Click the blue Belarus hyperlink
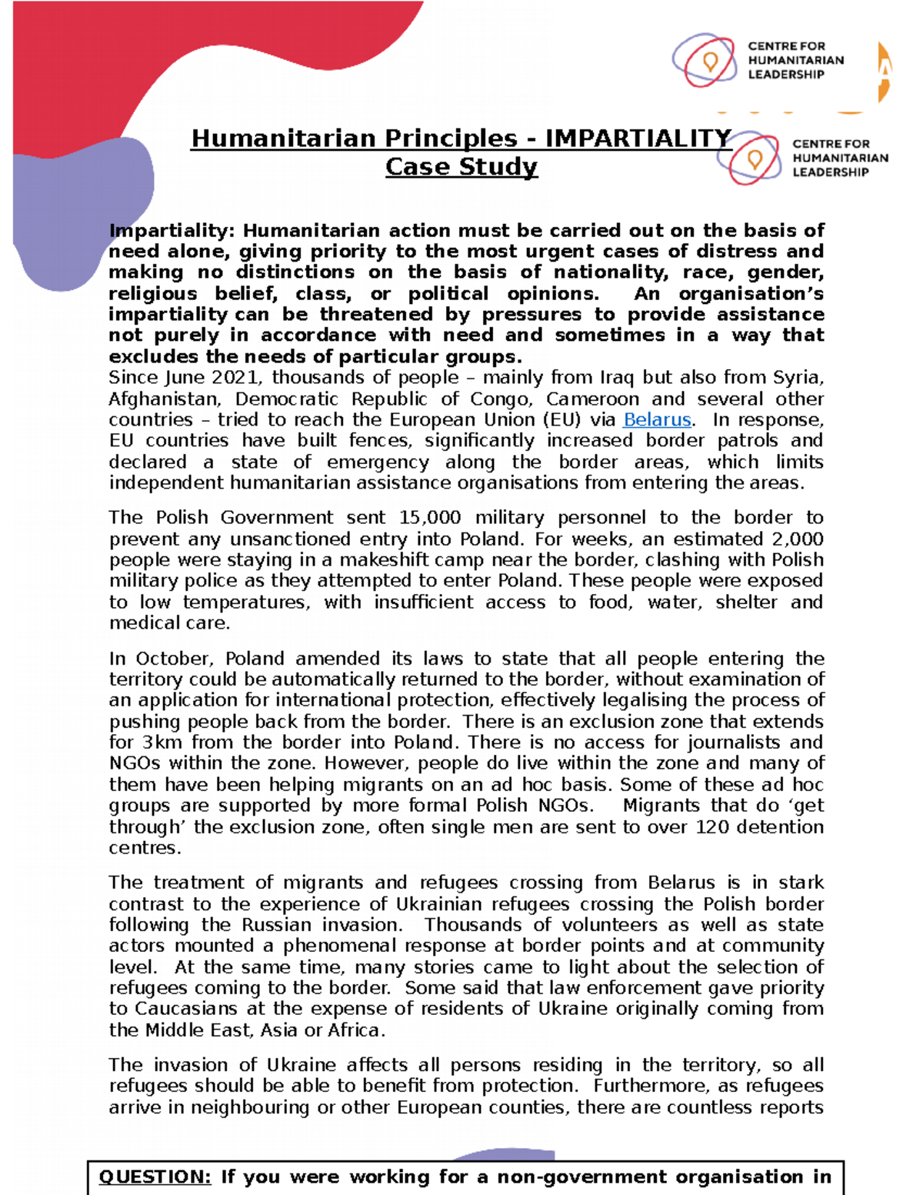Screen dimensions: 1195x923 point(657,420)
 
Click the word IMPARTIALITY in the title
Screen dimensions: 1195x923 point(638,139)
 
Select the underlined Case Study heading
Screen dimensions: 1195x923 point(461,167)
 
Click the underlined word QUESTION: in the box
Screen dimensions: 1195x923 point(155,1177)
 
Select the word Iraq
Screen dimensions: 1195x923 point(619,378)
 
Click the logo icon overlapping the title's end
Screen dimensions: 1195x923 point(750,159)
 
